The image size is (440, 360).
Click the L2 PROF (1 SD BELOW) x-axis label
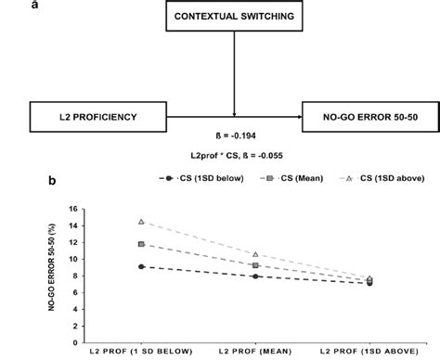pyautogui.click(x=140, y=353)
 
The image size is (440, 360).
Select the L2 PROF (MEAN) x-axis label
pyautogui.click(x=255, y=353)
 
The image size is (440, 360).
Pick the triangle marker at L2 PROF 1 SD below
pyautogui.click(x=141, y=222)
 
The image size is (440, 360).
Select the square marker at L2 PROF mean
pyautogui.click(x=255, y=265)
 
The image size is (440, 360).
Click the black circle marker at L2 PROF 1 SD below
pyautogui.click(x=141, y=266)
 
